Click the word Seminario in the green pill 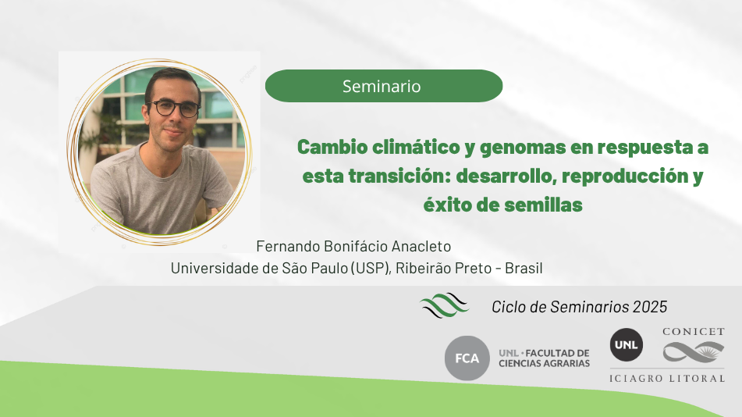[x=382, y=86]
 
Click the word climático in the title [x=416, y=148]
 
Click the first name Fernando [x=288, y=247]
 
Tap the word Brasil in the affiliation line [x=524, y=268]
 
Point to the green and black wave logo [x=444, y=305]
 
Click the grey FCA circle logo [x=467, y=358]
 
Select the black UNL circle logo [x=626, y=345]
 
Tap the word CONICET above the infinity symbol [x=694, y=332]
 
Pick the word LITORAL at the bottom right [x=697, y=379]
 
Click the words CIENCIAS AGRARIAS [x=544, y=364]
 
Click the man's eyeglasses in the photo [x=174, y=108]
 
